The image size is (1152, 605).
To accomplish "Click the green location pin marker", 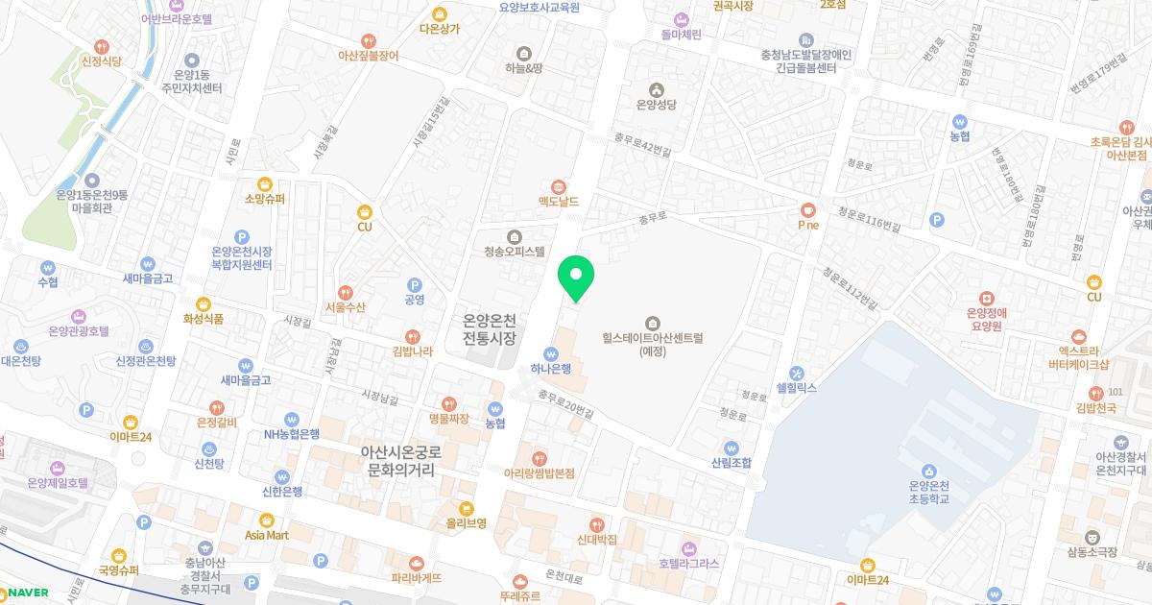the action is (x=576, y=277).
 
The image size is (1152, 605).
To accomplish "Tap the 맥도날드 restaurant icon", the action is (x=559, y=186).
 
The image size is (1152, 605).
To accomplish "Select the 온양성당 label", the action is (x=657, y=106).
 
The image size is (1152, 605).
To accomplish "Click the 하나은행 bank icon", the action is (x=551, y=353).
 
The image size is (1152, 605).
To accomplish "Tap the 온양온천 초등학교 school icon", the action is (x=928, y=471).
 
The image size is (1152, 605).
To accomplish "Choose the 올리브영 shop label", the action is (x=466, y=523).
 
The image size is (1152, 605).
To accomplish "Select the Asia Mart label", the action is (x=267, y=535).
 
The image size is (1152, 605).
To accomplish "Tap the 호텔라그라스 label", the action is (x=689, y=563).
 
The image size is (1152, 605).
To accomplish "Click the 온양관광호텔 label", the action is (x=79, y=331).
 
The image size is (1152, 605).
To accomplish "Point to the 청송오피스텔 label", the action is (x=515, y=252).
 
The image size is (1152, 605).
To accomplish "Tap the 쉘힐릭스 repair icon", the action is (x=796, y=374).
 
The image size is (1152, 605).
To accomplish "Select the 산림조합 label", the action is (x=732, y=463).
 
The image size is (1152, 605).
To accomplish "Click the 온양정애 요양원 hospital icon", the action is (x=985, y=298).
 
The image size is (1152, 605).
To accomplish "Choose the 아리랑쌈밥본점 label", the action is (x=540, y=473).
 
